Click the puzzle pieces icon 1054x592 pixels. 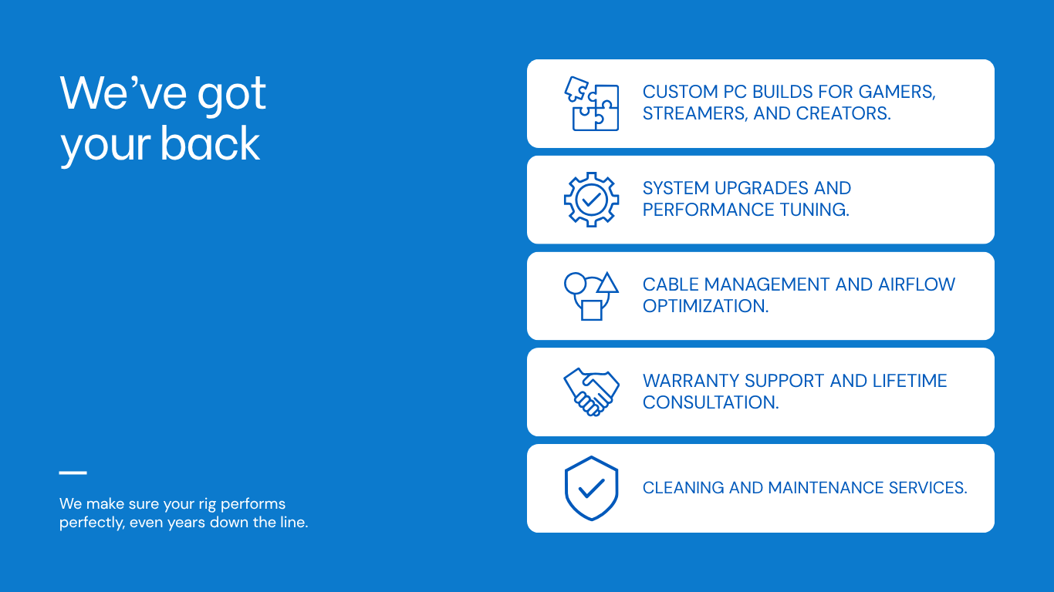(x=592, y=103)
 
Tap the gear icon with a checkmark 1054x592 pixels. (x=592, y=200)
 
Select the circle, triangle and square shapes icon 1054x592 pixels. (x=592, y=296)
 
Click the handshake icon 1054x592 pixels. (x=592, y=392)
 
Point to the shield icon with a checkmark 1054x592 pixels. (x=592, y=488)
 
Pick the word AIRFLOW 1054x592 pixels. (x=917, y=284)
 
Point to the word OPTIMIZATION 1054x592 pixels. (x=706, y=306)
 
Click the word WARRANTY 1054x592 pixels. (x=687, y=381)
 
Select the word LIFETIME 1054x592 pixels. (x=910, y=381)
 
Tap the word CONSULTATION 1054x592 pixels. (x=711, y=402)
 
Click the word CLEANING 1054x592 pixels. (x=684, y=488)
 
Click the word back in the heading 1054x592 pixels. (x=210, y=143)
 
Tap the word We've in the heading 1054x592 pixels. (x=123, y=92)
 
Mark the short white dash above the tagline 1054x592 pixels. (x=73, y=473)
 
